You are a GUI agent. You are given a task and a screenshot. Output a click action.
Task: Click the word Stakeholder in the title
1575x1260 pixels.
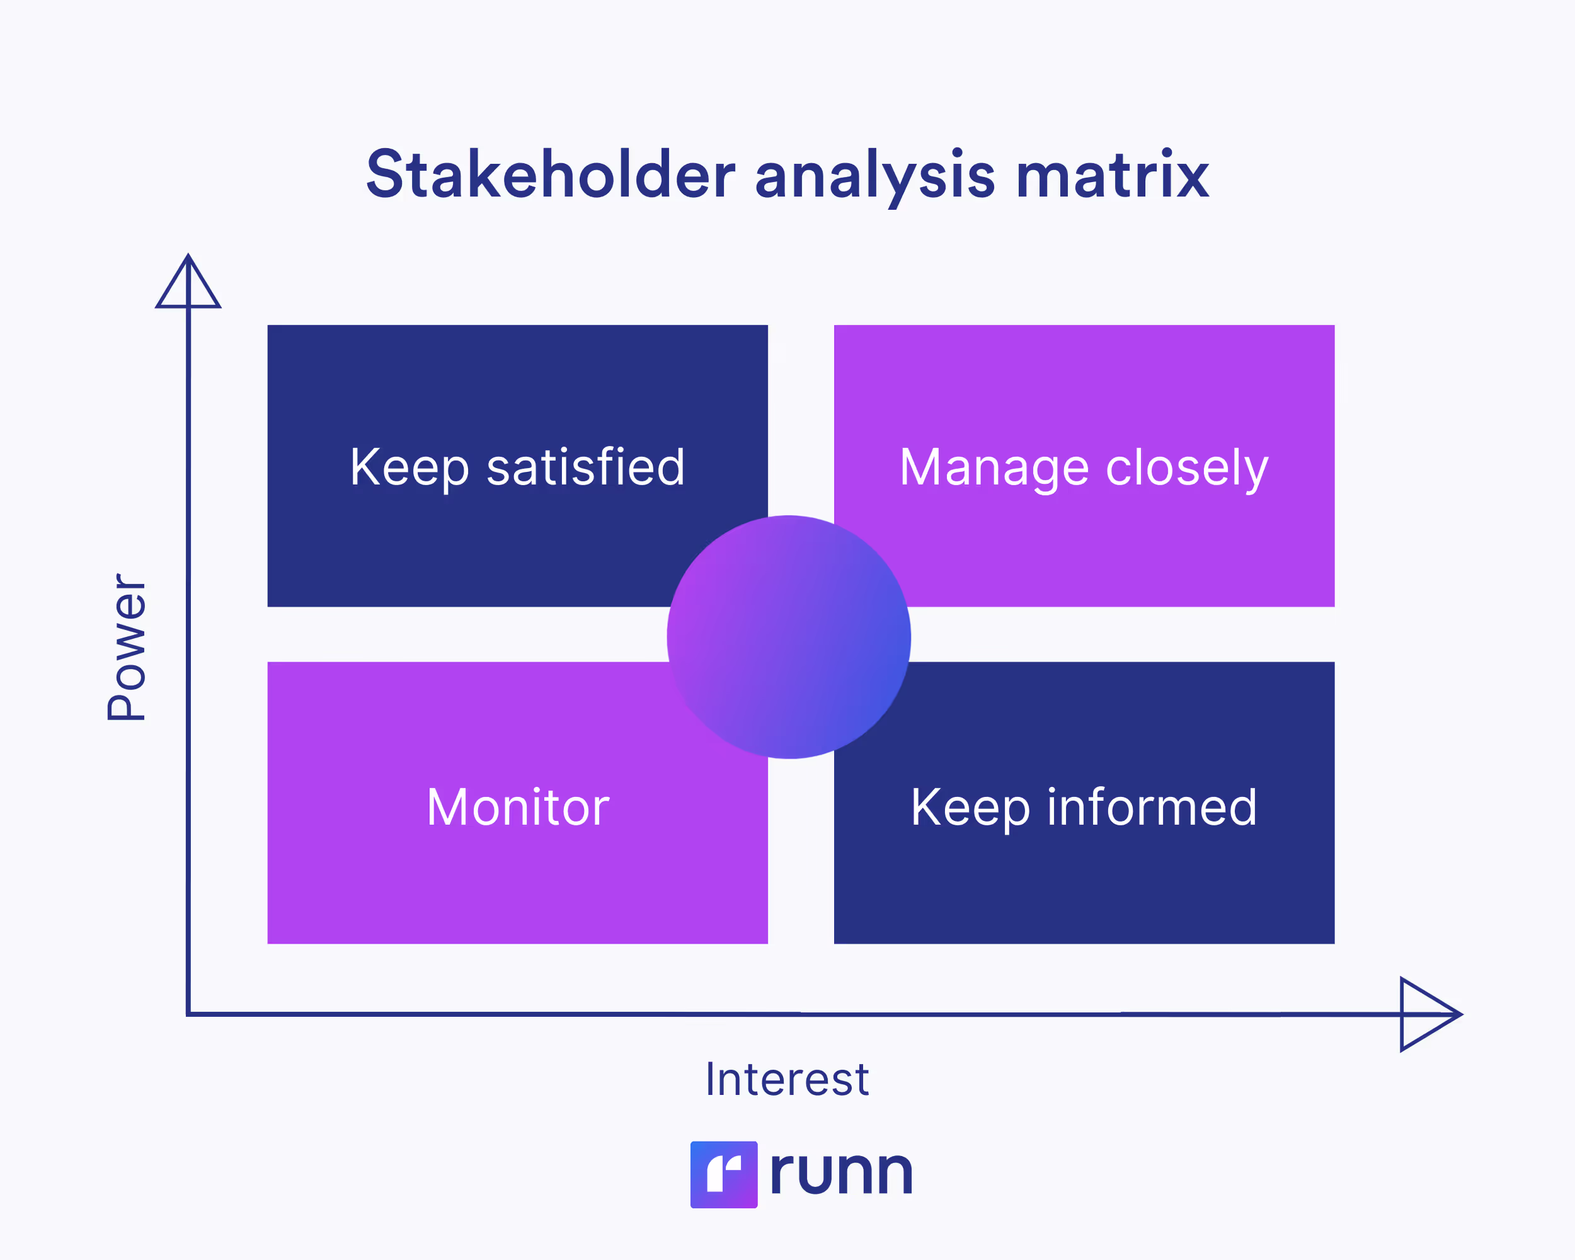point(550,175)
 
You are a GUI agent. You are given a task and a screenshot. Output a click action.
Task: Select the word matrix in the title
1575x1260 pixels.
point(1113,175)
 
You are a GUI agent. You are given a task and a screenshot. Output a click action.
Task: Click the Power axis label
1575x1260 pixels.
point(127,647)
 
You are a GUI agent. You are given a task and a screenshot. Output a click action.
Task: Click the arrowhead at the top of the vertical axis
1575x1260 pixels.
point(188,284)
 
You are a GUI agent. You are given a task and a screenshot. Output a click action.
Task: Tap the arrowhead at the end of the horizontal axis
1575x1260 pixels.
point(1428,1014)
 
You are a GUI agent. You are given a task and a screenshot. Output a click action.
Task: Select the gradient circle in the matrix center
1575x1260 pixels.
point(788,637)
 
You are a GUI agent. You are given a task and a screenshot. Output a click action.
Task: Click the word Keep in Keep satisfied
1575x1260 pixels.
point(409,467)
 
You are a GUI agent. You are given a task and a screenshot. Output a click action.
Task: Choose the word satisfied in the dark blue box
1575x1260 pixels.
point(586,467)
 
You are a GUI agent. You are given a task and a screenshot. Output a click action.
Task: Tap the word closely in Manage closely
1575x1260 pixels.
point(1187,467)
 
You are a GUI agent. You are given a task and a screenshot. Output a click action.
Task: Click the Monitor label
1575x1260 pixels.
point(517,807)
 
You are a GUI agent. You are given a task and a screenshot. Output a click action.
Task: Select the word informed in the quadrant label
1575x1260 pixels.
point(1152,807)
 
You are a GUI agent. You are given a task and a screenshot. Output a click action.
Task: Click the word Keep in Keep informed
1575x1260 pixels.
point(970,808)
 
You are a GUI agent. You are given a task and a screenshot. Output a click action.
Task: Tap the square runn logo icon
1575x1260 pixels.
point(723,1174)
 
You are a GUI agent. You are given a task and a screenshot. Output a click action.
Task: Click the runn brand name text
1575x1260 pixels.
point(841,1172)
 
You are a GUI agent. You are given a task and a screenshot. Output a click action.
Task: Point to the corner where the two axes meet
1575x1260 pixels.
point(188,1014)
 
